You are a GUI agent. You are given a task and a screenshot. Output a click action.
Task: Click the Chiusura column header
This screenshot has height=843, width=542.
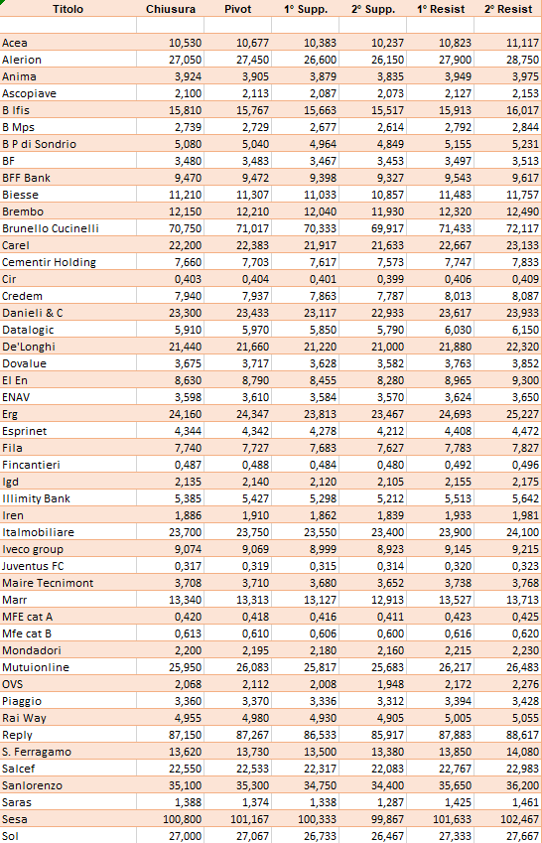pyautogui.click(x=171, y=9)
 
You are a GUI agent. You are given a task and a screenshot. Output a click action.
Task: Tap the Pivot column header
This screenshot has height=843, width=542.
pyautogui.click(x=237, y=9)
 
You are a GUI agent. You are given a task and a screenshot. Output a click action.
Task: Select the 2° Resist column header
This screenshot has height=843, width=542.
pyautogui.click(x=508, y=9)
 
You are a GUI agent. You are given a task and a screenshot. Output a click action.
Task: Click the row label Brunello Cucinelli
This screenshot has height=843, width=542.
pyautogui.click(x=51, y=228)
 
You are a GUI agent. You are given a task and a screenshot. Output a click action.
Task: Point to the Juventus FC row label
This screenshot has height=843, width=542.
pyautogui.click(x=33, y=566)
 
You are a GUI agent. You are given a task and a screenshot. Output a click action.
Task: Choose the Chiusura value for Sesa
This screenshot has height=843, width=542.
pyautogui.click(x=183, y=819)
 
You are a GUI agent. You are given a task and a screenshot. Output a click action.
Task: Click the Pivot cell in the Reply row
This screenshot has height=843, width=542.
pyautogui.click(x=253, y=735)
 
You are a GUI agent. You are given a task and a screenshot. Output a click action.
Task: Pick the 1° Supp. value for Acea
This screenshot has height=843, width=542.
pyautogui.click(x=320, y=43)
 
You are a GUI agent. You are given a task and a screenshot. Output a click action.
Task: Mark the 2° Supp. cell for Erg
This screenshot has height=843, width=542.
pyautogui.click(x=387, y=414)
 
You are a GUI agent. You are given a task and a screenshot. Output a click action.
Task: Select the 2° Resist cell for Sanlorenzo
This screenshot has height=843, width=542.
pyautogui.click(x=522, y=785)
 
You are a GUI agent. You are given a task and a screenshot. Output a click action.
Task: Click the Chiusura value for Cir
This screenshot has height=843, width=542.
pyautogui.click(x=189, y=279)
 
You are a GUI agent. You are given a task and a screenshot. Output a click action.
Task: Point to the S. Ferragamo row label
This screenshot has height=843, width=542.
pyautogui.click(x=37, y=752)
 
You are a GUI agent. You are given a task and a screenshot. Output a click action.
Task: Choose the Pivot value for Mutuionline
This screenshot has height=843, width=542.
pyautogui.click(x=253, y=667)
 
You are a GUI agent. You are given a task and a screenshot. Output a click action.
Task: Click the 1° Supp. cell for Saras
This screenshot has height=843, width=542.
pyautogui.click(x=324, y=802)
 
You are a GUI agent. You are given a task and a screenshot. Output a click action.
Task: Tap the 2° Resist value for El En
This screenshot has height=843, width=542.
pyautogui.click(x=526, y=380)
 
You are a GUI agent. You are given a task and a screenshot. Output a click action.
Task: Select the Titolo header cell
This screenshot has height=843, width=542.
pyautogui.click(x=68, y=9)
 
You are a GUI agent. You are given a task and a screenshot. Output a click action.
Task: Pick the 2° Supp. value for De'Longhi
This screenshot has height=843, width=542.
pyautogui.click(x=387, y=347)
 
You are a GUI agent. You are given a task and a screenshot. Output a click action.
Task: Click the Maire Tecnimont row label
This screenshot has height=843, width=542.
pyautogui.click(x=48, y=583)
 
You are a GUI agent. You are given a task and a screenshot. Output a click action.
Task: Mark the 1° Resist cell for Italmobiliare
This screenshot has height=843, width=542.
pyautogui.click(x=455, y=532)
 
